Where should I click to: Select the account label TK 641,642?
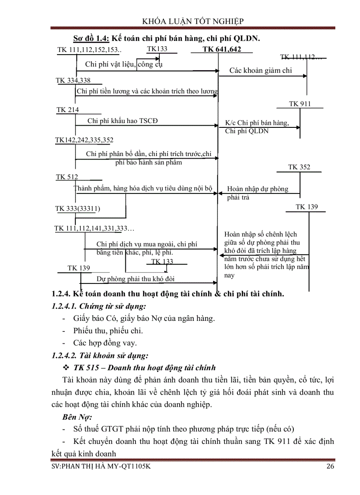222,49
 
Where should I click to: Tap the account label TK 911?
300,104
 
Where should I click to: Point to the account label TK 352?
299,167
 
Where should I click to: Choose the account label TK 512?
67,177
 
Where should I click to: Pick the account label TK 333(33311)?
81,208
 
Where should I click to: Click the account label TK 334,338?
73,80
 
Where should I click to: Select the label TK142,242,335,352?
84,140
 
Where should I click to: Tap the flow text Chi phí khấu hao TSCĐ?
122,121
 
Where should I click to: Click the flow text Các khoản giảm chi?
260,70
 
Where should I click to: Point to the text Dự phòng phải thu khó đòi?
136,279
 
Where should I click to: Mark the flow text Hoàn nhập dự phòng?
258,189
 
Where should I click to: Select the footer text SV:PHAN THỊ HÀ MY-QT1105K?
101,467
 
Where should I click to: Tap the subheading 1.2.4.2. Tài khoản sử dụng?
100,355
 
